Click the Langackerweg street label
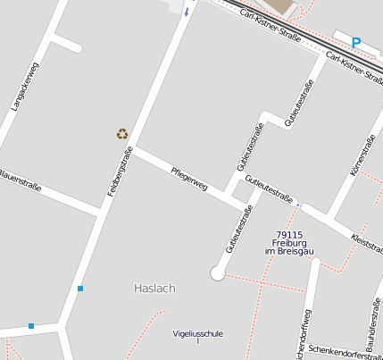click(24, 86)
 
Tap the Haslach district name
click(154, 289)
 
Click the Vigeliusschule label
click(198, 334)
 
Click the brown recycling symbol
click(122, 134)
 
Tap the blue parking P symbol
click(356, 42)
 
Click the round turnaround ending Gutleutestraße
click(218, 273)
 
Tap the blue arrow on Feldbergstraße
click(187, 12)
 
